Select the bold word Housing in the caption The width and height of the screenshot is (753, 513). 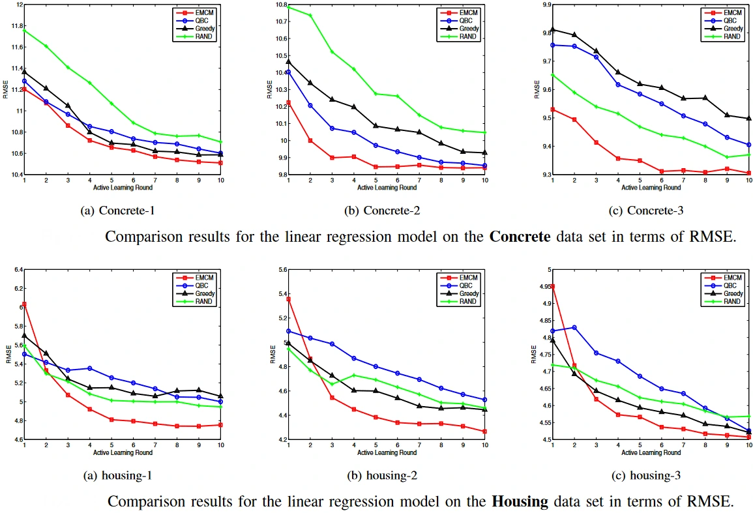[x=521, y=501]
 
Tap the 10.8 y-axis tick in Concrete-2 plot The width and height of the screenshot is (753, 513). [x=278, y=5]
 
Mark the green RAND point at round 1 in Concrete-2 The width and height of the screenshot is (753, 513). [x=288, y=7]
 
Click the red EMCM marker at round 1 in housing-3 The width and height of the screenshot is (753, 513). [x=552, y=286]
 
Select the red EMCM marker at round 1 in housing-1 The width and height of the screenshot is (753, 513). [x=24, y=304]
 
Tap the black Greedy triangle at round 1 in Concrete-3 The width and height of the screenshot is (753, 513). [x=552, y=29]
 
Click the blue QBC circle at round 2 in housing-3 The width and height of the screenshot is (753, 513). [x=574, y=327]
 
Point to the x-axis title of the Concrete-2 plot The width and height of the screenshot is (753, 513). [x=387, y=188]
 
